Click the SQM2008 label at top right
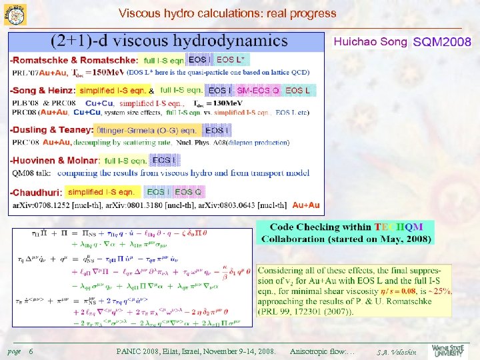[x=443, y=43]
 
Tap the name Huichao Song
[x=369, y=42]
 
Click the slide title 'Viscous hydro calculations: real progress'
[x=227, y=13]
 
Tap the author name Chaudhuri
[x=35, y=192]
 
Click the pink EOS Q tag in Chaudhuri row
[x=188, y=192]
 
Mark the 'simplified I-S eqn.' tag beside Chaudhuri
[x=101, y=192]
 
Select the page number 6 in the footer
[x=31, y=351]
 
